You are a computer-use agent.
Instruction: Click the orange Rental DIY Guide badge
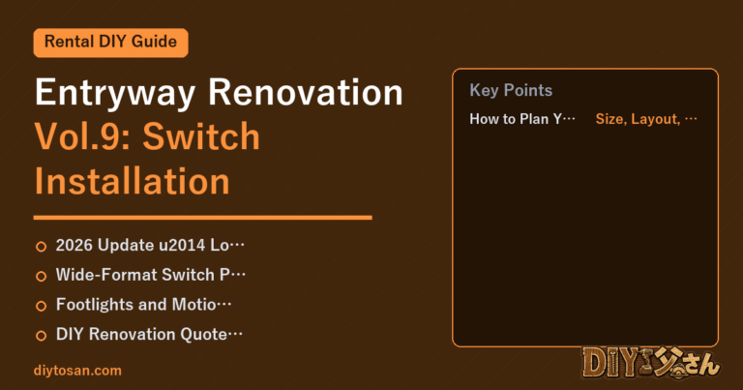tap(111, 43)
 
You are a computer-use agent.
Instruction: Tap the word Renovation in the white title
tap(306, 92)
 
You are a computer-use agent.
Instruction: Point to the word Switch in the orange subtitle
tap(201, 136)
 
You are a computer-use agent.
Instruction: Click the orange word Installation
tap(133, 181)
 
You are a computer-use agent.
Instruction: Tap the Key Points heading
tap(511, 91)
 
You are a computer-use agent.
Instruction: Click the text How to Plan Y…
tap(522, 119)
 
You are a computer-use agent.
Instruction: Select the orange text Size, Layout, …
tap(646, 119)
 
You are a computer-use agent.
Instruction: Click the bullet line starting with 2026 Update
tap(150, 246)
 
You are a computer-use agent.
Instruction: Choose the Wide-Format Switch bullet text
tap(151, 275)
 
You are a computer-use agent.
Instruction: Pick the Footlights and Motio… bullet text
tap(143, 305)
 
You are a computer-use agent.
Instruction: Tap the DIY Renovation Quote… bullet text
tap(149, 334)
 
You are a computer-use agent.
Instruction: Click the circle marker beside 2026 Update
tap(42, 247)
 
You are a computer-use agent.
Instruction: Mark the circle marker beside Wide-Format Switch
tap(42, 276)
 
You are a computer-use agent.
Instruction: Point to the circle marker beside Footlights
tap(42, 306)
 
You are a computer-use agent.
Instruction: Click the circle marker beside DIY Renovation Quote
tap(42, 336)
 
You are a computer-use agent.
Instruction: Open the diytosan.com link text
tap(77, 371)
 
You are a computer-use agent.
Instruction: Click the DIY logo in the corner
tap(651, 364)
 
